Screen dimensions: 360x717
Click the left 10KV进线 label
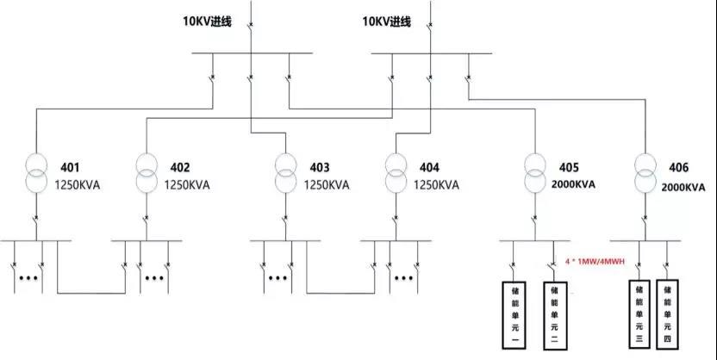tap(209, 22)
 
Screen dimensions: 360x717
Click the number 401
tap(70, 166)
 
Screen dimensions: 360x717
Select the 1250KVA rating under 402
tap(187, 184)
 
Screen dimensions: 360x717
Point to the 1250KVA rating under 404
tap(437, 184)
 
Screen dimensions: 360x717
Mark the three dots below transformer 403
tap(277, 277)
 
